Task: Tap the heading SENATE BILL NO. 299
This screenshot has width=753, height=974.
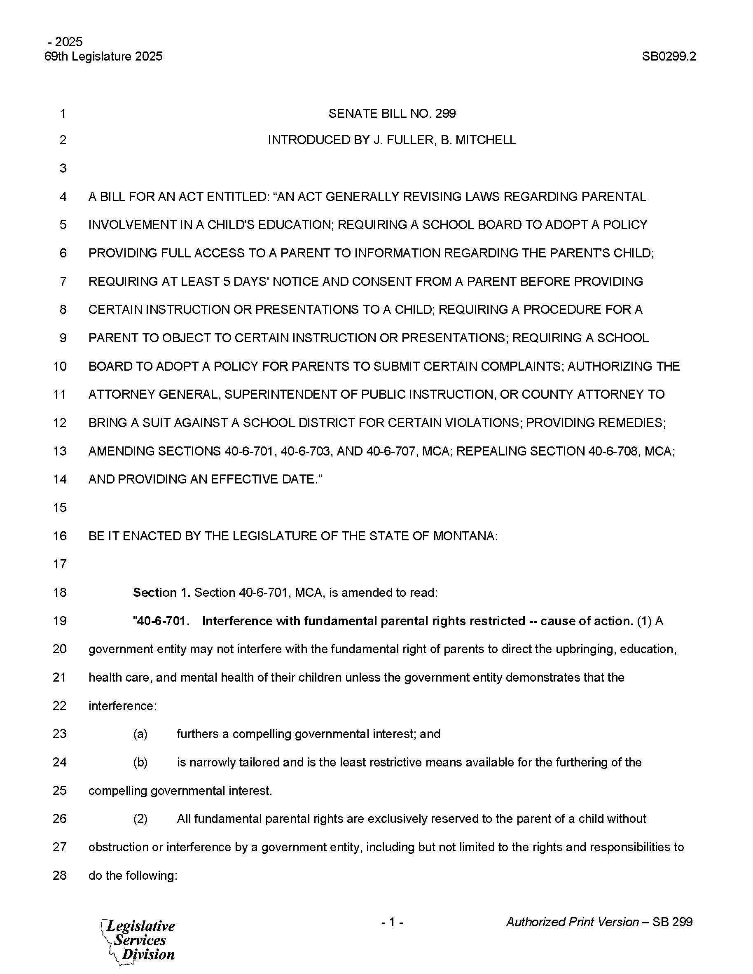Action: click(392, 114)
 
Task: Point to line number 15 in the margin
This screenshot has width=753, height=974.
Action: click(60, 507)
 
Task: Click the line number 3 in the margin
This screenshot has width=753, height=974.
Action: click(63, 168)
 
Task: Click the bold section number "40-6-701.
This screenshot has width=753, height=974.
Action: click(161, 621)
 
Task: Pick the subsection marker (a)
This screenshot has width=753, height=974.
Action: click(140, 733)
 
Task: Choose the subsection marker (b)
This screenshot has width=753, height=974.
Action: click(140, 762)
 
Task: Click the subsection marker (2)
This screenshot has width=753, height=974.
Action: click(140, 819)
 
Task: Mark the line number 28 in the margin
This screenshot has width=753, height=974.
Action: click(60, 876)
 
